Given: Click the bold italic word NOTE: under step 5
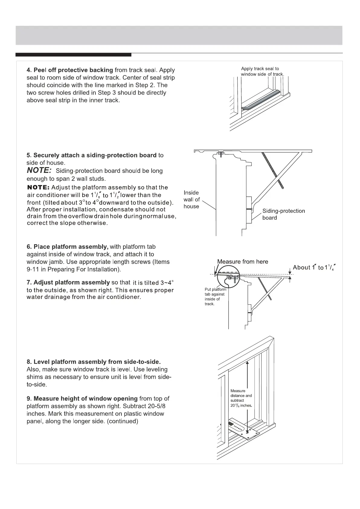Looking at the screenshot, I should click(x=39, y=171).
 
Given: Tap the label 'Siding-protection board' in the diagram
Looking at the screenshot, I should click(x=283, y=214).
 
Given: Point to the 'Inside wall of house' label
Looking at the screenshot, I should click(x=191, y=199).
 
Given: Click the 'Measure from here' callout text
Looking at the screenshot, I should click(x=243, y=262).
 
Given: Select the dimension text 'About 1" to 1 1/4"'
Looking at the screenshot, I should click(x=314, y=267).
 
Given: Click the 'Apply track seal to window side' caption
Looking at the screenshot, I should click(x=262, y=71).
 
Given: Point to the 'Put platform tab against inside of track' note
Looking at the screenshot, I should click(x=215, y=297).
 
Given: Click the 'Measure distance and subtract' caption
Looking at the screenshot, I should click(x=241, y=398).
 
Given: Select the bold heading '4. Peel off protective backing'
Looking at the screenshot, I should click(x=70, y=70).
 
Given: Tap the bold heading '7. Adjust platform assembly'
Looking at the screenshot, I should click(x=68, y=283).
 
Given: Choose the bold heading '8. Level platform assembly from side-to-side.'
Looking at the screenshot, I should click(x=94, y=362).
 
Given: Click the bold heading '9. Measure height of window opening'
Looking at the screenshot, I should click(x=82, y=399).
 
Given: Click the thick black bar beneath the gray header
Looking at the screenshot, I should click(x=73, y=55).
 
